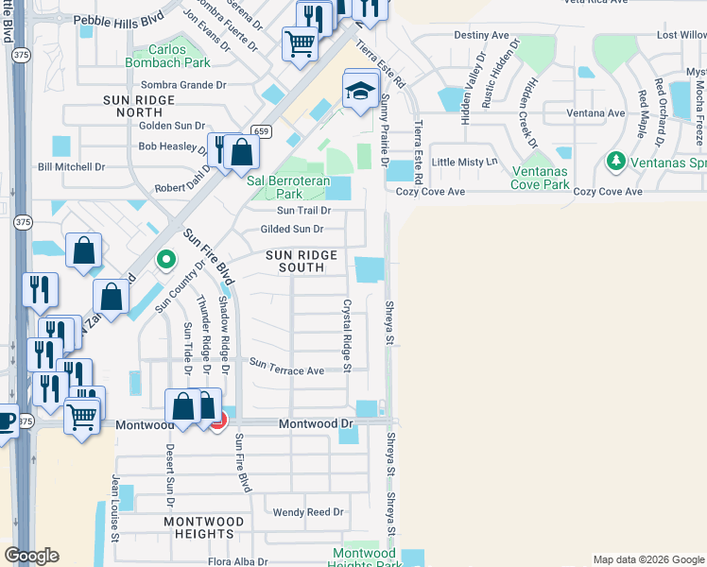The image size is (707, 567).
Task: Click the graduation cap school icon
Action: (x=360, y=92)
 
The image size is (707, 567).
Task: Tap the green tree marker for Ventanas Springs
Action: (x=617, y=162)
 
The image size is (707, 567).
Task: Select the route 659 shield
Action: (x=262, y=131)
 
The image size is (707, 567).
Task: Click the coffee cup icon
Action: (x=6, y=421)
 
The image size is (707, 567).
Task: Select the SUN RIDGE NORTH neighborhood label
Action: (x=140, y=106)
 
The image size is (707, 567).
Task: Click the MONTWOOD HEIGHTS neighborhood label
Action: (x=211, y=528)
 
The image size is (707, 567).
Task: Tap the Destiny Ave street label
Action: (x=481, y=35)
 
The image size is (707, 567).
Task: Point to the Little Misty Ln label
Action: (x=464, y=162)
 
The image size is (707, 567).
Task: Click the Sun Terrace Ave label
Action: (x=286, y=370)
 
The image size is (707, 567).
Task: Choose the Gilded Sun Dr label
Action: (x=291, y=229)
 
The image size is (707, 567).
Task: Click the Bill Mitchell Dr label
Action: (x=71, y=166)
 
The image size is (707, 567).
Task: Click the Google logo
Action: (x=30, y=556)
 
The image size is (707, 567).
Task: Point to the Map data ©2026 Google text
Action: (x=647, y=559)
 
